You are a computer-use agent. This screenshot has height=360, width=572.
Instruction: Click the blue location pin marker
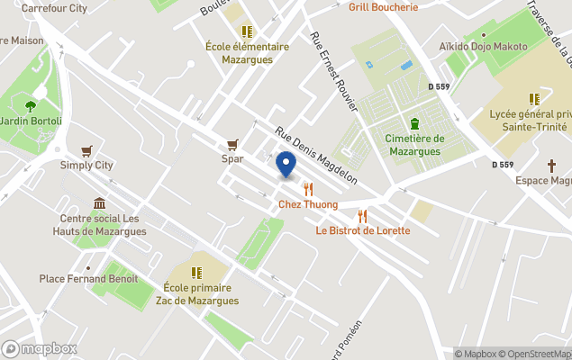tap(286, 165)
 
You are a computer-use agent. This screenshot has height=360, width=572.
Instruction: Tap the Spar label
tap(232, 158)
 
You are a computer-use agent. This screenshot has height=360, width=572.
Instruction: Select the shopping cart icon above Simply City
tap(86, 150)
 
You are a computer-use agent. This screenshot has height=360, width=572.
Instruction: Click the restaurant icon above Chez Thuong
tap(308, 189)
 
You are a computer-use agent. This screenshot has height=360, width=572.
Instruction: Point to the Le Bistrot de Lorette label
tap(362, 230)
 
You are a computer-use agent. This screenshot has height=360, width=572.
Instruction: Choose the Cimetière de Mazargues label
tap(414, 145)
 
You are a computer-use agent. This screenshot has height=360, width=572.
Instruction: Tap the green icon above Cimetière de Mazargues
tap(414, 123)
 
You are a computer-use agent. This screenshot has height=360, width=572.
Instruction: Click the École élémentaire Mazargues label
tap(248, 53)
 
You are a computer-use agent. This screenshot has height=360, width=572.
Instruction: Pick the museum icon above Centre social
tap(99, 203)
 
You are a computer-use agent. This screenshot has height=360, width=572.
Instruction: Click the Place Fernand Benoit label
tap(88, 279)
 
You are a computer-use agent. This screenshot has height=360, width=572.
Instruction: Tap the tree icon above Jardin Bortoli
tap(31, 105)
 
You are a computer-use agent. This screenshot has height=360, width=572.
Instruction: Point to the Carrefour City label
tap(54, 7)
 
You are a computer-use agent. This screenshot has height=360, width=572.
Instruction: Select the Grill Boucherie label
tap(384, 7)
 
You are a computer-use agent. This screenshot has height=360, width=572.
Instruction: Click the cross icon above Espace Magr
tap(551, 166)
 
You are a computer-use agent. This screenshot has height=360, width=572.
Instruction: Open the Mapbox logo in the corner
tap(39, 348)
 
